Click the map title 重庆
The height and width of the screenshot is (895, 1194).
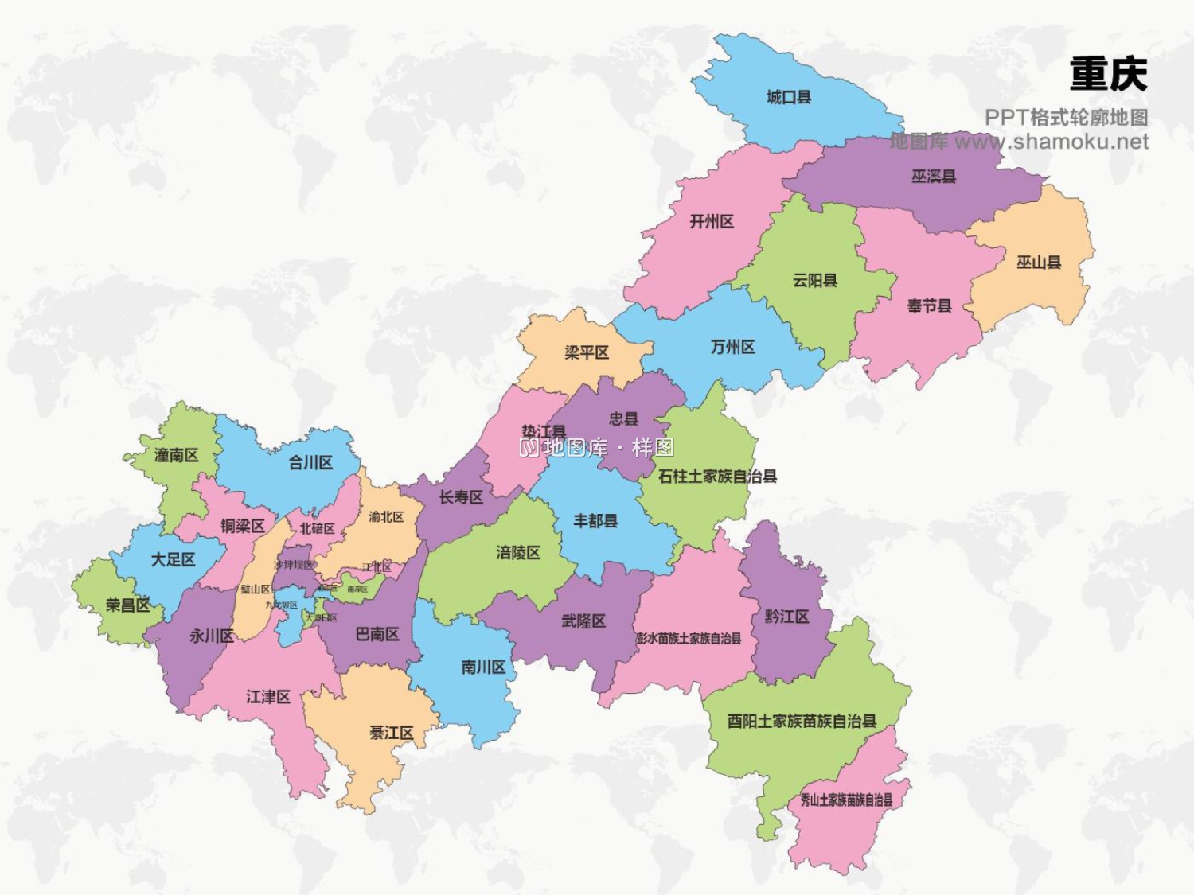click(x=1108, y=74)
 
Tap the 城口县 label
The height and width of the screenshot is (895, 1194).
click(x=788, y=97)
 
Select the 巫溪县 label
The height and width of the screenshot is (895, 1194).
click(x=933, y=176)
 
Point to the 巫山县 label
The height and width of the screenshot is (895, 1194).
click(x=1038, y=262)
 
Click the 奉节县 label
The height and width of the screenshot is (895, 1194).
click(x=929, y=305)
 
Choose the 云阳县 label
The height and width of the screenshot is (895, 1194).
click(x=814, y=280)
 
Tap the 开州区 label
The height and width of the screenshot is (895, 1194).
click(x=711, y=221)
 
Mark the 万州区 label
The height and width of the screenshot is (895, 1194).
click(x=732, y=347)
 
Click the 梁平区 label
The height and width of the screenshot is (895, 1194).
click(x=586, y=352)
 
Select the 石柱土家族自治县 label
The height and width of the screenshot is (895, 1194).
click(x=717, y=476)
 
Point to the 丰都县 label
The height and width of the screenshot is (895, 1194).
click(x=595, y=521)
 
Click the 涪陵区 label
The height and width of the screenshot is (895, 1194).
click(x=517, y=552)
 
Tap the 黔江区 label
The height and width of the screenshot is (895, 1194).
click(x=786, y=616)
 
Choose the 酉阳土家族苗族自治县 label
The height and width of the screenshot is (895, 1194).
click(x=802, y=721)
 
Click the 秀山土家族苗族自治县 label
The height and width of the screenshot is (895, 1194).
click(x=846, y=800)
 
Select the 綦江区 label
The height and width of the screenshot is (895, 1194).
click(x=391, y=733)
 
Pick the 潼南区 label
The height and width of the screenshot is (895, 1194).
click(x=176, y=455)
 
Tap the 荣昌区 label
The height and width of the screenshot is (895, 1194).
click(x=128, y=605)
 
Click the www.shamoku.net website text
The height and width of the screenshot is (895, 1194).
click(x=1051, y=142)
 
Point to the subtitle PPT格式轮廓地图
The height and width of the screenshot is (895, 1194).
click(x=1066, y=117)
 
